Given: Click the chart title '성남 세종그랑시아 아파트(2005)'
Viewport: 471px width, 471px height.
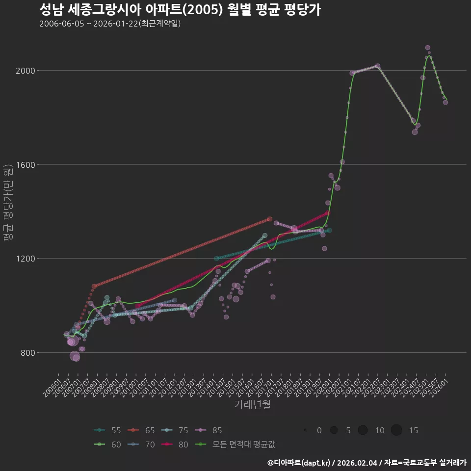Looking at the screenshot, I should [180, 10].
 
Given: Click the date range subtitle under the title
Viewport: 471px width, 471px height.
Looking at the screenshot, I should [110, 24].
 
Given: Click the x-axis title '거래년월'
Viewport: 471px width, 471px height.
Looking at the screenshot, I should [252, 405].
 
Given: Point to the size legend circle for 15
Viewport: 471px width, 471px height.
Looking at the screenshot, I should [396, 430].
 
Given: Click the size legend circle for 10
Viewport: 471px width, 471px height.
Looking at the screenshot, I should [363, 430].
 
